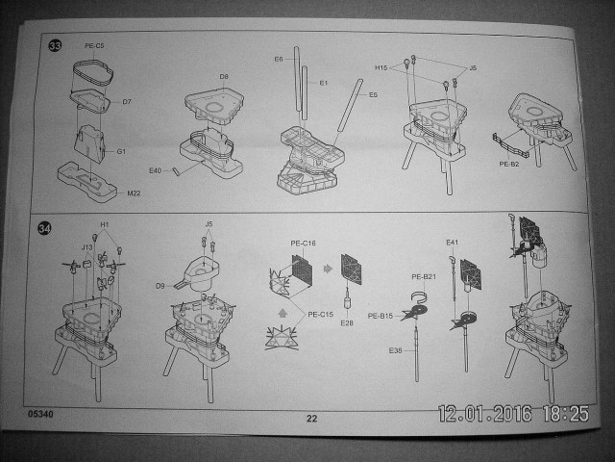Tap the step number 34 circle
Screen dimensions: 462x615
coord(44,228)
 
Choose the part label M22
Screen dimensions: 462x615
coord(135,192)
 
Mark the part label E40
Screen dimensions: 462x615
coord(157,171)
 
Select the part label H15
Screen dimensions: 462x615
coord(381,68)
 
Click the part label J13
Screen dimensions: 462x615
coord(86,247)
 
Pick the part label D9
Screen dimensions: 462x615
coord(161,286)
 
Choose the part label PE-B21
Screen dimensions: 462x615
coord(425,277)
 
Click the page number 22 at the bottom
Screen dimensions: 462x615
coord(311,418)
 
